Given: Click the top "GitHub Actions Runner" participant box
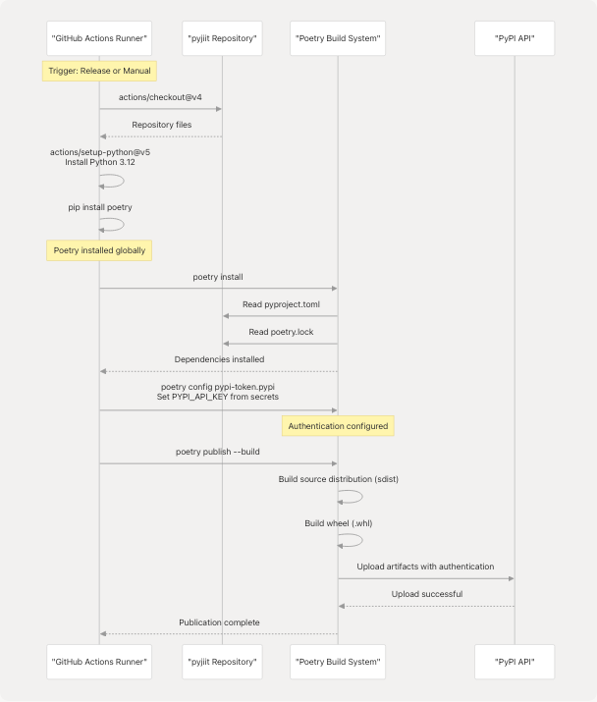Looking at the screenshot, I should coord(98,39).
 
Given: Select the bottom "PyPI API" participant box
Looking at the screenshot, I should coord(514,662).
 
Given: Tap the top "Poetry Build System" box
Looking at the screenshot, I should coord(337,39).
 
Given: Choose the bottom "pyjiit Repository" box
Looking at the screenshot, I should coord(222,662).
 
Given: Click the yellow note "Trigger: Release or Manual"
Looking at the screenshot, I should coord(99,71).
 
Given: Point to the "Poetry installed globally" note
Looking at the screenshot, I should coord(99,250).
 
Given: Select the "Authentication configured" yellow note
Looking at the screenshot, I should coord(339,426).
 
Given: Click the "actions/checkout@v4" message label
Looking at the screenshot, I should coord(160,97).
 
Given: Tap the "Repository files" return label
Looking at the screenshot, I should coord(162,125).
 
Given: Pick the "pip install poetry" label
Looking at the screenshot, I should coord(98,207).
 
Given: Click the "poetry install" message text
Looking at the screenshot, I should coord(218,277).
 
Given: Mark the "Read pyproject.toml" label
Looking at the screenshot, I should coord(281,304).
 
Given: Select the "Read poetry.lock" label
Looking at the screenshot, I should coord(281,332).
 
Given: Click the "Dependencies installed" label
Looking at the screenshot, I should coord(219,359).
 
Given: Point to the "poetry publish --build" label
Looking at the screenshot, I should coord(218,453).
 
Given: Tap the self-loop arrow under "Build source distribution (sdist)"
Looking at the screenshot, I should coord(352,497).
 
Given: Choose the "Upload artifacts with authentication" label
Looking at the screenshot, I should coord(425,567).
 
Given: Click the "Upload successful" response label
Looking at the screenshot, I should coord(426,594).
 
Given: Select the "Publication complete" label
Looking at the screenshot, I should coord(219,621).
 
